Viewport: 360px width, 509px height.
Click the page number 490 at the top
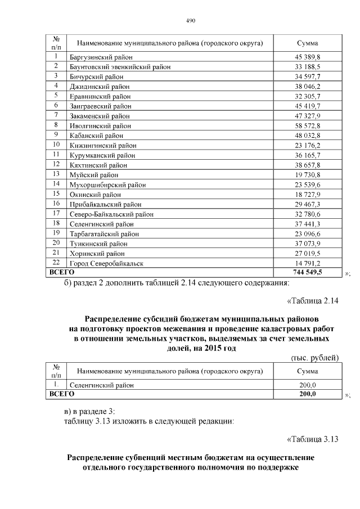pyautogui.click(x=190, y=21)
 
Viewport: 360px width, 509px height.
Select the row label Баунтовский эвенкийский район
pyautogui.click(x=119, y=67)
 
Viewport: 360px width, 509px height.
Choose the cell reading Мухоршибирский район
pyautogui.click(x=107, y=184)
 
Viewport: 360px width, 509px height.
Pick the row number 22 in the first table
pyautogui.click(x=56, y=263)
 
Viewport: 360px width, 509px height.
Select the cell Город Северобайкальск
pyautogui.click(x=106, y=263)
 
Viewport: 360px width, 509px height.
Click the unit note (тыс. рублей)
pyautogui.click(x=314, y=358)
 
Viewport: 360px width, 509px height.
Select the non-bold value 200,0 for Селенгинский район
pyautogui.click(x=307, y=385)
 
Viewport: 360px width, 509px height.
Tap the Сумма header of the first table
pyautogui.click(x=307, y=43)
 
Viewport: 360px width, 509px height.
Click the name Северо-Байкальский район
pyautogui.click(x=111, y=214)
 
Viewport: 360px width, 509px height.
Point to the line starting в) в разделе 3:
pyautogui.click(x=89, y=411)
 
